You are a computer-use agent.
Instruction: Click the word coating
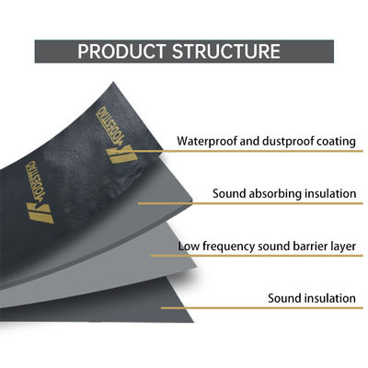click(332, 142)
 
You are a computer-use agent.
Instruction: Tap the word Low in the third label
click(190, 247)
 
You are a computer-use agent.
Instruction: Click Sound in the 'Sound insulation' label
click(284, 299)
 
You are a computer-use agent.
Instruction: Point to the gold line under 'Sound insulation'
click(276, 312)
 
